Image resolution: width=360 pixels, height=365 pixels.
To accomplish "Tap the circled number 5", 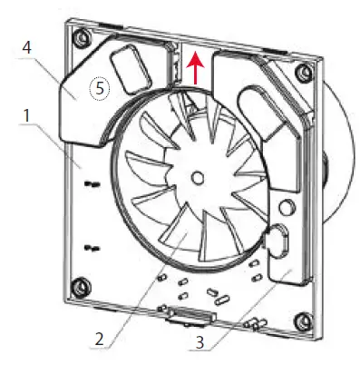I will click(97, 88).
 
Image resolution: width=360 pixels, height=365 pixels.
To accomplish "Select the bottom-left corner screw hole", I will click(83, 289).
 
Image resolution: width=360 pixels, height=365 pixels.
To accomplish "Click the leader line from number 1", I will click(59, 144).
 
